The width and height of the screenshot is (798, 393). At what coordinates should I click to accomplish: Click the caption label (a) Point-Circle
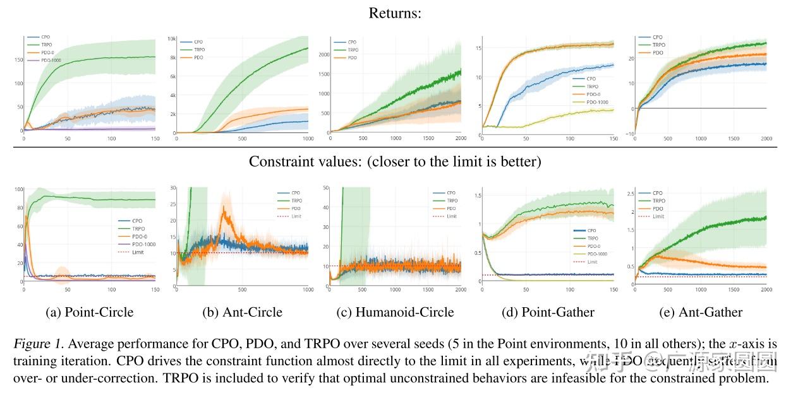tap(90, 312)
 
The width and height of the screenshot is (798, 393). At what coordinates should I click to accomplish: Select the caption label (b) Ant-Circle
tap(242, 312)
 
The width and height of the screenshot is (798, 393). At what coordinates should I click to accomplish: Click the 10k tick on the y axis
tap(171, 38)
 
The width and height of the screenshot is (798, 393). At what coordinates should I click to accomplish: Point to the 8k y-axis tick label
tap(172, 57)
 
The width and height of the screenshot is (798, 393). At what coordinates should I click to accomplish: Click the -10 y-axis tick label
tap(630, 134)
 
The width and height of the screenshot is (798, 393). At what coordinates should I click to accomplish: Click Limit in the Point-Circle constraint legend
tap(138, 252)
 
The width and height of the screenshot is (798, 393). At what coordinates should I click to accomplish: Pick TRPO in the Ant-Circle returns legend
tap(200, 49)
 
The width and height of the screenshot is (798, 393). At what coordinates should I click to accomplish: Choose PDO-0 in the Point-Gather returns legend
tap(593, 94)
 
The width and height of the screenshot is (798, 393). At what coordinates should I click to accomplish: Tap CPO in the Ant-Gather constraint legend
tap(658, 193)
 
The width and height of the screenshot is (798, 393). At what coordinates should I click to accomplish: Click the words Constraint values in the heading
tap(297, 161)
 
